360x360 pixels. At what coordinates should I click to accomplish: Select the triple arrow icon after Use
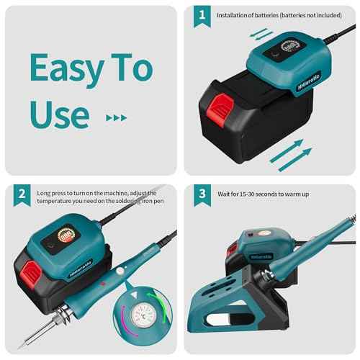pos(115,117)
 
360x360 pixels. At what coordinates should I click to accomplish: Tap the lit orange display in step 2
pos(68,236)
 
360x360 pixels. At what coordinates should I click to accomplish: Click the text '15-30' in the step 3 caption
pos(249,194)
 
